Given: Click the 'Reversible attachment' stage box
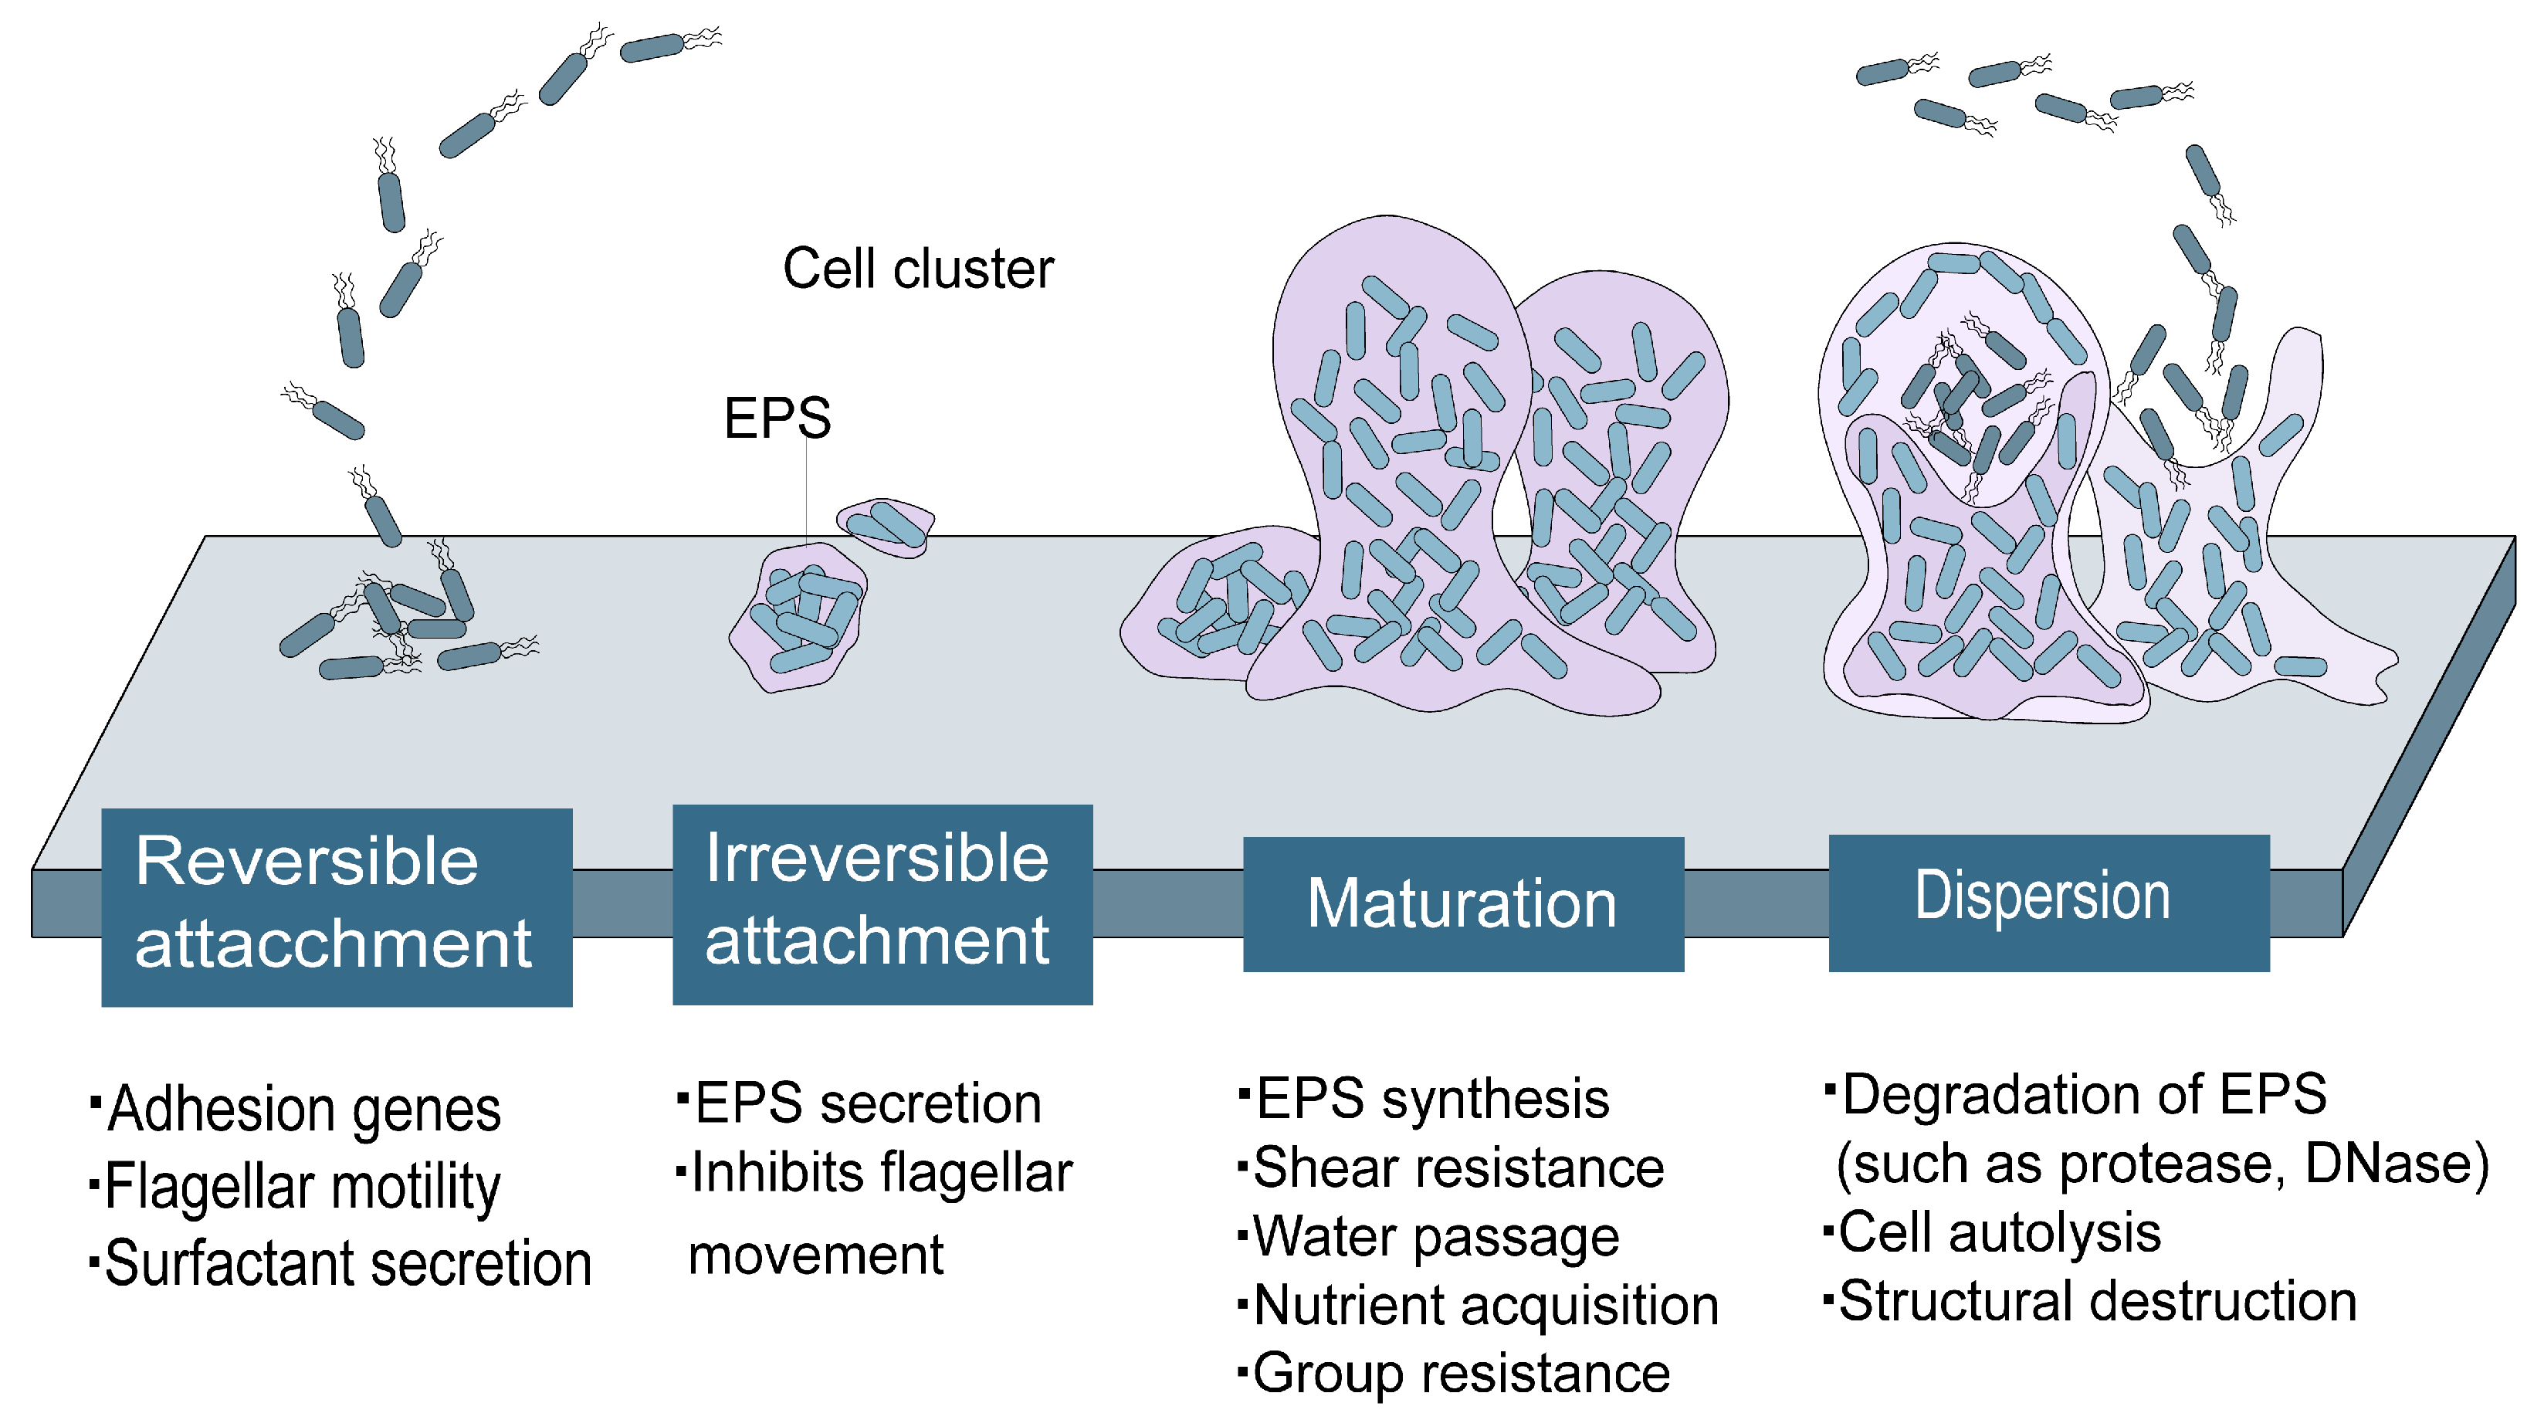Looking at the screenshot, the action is click(337, 907).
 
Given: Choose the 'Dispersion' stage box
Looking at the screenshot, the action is click(2049, 903).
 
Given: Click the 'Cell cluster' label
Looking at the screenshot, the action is click(919, 269).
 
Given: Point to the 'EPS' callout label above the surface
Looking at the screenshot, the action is click(777, 418).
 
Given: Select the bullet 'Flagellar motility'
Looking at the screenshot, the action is click(302, 1186).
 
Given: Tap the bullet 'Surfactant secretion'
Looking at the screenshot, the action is click(347, 1263).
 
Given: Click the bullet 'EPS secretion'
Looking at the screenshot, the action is click(868, 1103).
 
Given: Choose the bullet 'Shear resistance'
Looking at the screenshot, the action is click(1458, 1168).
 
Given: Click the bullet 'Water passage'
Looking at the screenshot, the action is click(1436, 1237).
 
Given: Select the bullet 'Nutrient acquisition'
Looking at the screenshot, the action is click(1486, 1306).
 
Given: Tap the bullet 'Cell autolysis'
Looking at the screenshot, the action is click(2000, 1233).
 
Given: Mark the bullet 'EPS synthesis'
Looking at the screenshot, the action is click(1432, 1099).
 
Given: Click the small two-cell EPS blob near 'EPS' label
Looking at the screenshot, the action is click(886, 527).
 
